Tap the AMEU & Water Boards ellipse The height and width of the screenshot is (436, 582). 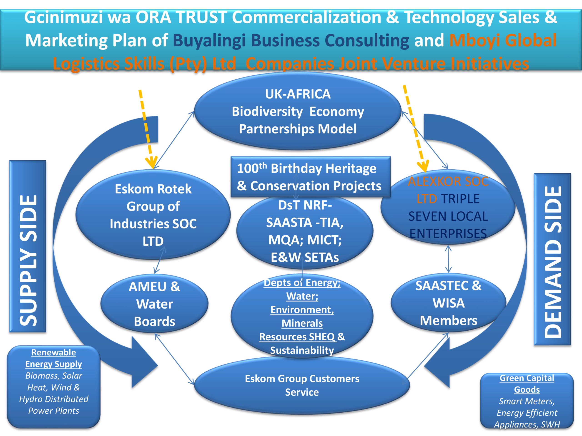coord(154,304)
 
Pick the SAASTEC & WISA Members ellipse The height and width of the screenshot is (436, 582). coord(448,303)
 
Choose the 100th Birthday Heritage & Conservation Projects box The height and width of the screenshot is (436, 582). coord(311,177)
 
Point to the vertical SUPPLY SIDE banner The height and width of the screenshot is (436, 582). coord(28,246)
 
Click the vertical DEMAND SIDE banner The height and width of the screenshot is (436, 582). coord(552,259)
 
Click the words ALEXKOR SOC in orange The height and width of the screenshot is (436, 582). coord(448,181)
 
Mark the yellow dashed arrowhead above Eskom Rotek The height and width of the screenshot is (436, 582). coord(152,163)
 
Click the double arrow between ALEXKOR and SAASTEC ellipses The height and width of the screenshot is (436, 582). coord(448,259)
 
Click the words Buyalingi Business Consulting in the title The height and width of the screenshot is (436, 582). coord(291,40)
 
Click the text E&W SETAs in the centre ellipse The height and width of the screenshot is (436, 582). coord(305,257)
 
